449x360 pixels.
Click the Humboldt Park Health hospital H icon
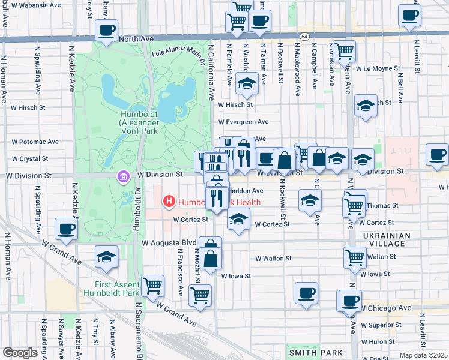pos(169,202)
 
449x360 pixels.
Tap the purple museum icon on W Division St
pos(123,178)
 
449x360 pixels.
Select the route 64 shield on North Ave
pos(304,37)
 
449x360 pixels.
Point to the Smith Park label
pos(316,353)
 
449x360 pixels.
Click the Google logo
pos(19,353)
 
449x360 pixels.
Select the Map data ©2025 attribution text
pos(423,355)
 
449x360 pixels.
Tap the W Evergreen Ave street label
pos(243,122)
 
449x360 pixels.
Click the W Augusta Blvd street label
pos(169,243)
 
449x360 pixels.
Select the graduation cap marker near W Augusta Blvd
pos(106,257)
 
